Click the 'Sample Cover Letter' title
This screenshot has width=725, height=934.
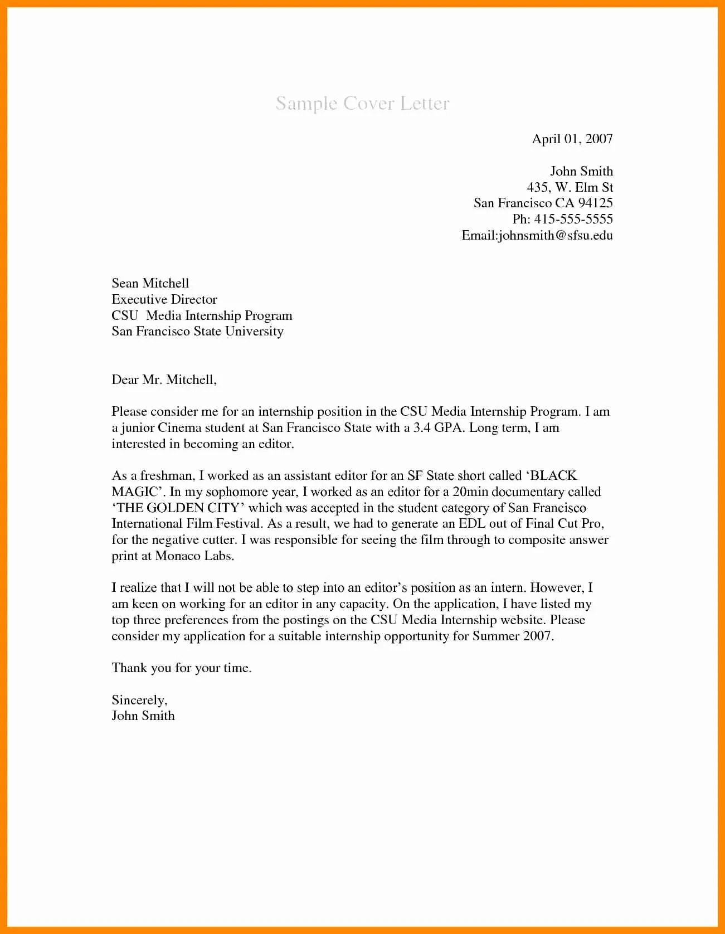(x=362, y=104)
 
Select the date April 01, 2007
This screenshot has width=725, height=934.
(x=572, y=139)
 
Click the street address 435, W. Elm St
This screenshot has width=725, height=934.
(x=570, y=187)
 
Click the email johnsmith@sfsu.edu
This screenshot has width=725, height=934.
(x=556, y=235)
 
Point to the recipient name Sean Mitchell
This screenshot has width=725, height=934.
(x=150, y=283)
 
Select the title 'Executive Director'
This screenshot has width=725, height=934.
(x=164, y=299)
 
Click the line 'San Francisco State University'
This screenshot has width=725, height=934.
(x=197, y=332)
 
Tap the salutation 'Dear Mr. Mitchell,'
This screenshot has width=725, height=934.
(x=163, y=380)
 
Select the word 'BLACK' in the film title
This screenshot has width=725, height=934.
(x=553, y=476)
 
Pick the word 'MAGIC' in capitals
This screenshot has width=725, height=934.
(x=135, y=492)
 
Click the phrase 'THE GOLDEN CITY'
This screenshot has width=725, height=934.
(x=178, y=508)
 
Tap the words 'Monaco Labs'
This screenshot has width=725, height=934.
(x=194, y=556)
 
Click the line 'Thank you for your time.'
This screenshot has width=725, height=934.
(x=181, y=668)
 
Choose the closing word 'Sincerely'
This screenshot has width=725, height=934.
(x=138, y=700)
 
